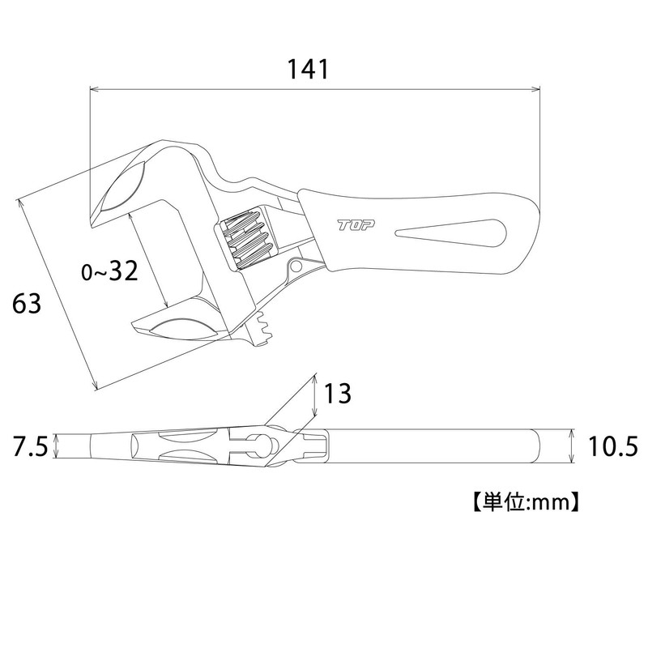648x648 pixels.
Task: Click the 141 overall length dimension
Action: (309, 69)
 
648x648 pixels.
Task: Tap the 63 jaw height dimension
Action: (27, 303)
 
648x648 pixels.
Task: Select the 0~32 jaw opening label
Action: (109, 271)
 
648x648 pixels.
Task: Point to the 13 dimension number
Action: (338, 393)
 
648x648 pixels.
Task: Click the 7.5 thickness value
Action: (31, 446)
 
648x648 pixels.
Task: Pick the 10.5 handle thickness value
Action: (613, 446)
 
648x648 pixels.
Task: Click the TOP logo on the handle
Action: (356, 225)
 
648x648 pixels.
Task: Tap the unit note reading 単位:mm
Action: (526, 502)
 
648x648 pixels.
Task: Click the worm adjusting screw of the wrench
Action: (248, 241)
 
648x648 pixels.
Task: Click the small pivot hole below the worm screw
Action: (296, 266)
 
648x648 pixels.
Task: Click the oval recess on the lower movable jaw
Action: (184, 330)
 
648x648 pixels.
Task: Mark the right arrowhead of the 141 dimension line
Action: (537, 89)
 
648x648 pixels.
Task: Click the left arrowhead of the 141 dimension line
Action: (93, 89)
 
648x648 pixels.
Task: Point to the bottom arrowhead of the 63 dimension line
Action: (96, 386)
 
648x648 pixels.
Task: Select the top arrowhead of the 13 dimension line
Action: (315, 376)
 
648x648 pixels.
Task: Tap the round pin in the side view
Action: (273, 446)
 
